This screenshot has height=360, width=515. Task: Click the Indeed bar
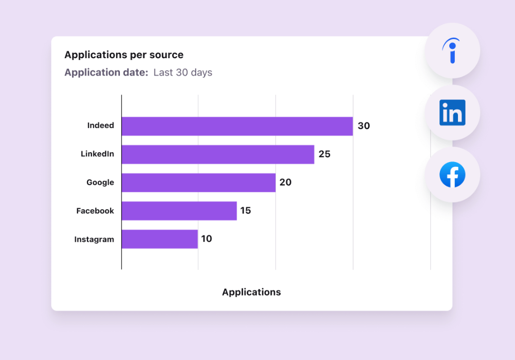(x=237, y=126)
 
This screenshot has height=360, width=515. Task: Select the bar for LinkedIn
(x=218, y=154)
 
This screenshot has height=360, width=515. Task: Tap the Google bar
(x=198, y=183)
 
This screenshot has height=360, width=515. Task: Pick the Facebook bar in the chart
(x=179, y=211)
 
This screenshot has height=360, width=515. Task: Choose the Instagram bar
(x=159, y=239)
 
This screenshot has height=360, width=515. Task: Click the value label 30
(x=364, y=126)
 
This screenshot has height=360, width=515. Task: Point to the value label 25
(x=324, y=154)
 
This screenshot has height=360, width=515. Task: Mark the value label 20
(x=285, y=183)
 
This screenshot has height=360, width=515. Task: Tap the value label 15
(x=246, y=211)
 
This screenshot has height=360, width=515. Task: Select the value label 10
(x=207, y=239)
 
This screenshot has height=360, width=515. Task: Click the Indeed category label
(x=101, y=125)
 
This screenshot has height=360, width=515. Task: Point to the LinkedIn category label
(x=97, y=154)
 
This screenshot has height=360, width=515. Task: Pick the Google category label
(x=100, y=183)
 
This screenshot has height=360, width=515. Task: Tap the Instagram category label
(x=94, y=240)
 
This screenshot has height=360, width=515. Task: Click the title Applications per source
(x=124, y=55)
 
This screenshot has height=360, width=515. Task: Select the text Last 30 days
(x=182, y=73)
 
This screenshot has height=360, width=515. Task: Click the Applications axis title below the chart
(x=251, y=292)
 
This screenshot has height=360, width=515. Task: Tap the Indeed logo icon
(x=452, y=51)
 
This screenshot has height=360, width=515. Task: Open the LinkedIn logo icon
(x=452, y=113)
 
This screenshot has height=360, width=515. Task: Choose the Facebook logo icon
(x=452, y=175)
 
